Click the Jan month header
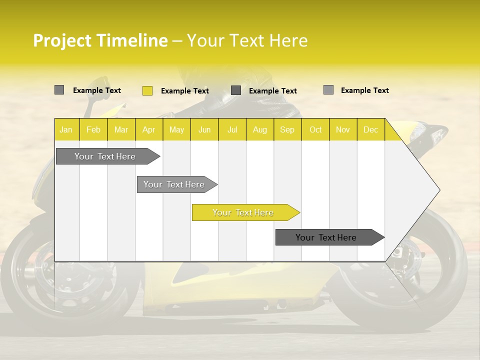pyautogui.click(x=66, y=129)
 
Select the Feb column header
pyautogui.click(x=93, y=129)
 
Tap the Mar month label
pyautogui.click(x=121, y=129)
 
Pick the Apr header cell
pyautogui.click(x=148, y=129)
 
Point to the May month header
pyautogui.click(x=176, y=129)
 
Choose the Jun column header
pyautogui.click(x=204, y=129)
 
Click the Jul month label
pyautogui.click(x=232, y=129)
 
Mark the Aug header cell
pyautogui.click(x=259, y=129)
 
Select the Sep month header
pyautogui.click(x=287, y=129)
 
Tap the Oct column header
pyautogui.click(x=315, y=129)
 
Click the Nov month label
pyautogui.click(x=343, y=129)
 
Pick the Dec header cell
pyautogui.click(x=370, y=129)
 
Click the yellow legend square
pyautogui.click(x=147, y=90)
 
